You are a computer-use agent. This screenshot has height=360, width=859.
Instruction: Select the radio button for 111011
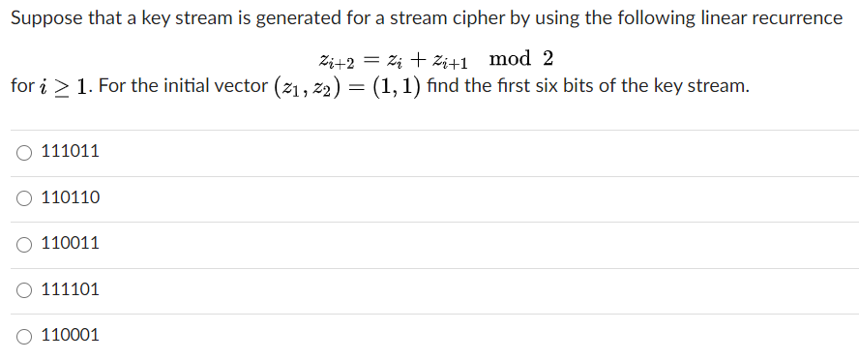point(24,152)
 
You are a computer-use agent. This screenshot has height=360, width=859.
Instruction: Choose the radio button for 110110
point(24,198)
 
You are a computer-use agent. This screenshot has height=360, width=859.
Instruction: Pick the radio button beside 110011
point(24,244)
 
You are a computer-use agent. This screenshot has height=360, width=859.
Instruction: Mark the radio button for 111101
point(24,289)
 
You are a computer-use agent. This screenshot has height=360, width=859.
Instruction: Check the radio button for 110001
point(24,336)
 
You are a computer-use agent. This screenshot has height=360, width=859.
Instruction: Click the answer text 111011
point(71,152)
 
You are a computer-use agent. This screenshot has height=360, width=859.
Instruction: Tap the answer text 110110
point(71,198)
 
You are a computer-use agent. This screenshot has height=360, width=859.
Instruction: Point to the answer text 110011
point(71,244)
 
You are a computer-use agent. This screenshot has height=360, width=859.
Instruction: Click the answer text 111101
point(71,289)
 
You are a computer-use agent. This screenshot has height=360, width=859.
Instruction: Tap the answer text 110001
point(71,336)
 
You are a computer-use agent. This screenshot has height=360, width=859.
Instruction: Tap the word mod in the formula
point(510,58)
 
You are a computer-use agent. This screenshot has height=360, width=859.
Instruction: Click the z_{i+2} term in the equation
point(336,60)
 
